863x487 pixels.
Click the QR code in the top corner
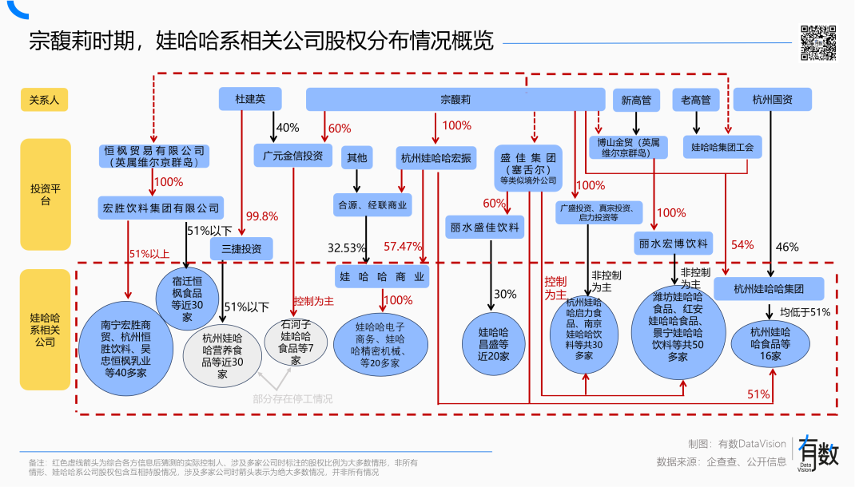(x=818, y=42)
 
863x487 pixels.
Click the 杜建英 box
(x=250, y=99)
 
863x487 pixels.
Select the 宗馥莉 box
(x=455, y=99)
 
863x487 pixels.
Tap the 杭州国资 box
(x=772, y=99)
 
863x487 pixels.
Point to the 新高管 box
(x=636, y=100)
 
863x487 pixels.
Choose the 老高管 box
(x=695, y=100)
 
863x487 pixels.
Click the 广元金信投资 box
(x=293, y=156)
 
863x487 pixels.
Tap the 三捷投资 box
(x=241, y=248)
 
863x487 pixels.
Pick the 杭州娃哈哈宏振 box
(x=436, y=157)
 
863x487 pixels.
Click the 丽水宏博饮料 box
(x=673, y=243)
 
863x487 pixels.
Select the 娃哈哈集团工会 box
(x=722, y=147)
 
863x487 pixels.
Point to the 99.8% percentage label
(x=262, y=216)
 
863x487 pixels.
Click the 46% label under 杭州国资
(x=786, y=247)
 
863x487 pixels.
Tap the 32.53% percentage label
(x=347, y=248)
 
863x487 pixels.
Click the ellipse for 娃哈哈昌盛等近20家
(x=493, y=343)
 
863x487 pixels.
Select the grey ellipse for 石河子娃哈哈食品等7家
(x=295, y=343)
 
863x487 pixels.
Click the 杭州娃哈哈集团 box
(x=769, y=288)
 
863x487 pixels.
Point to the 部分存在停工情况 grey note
(x=292, y=398)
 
